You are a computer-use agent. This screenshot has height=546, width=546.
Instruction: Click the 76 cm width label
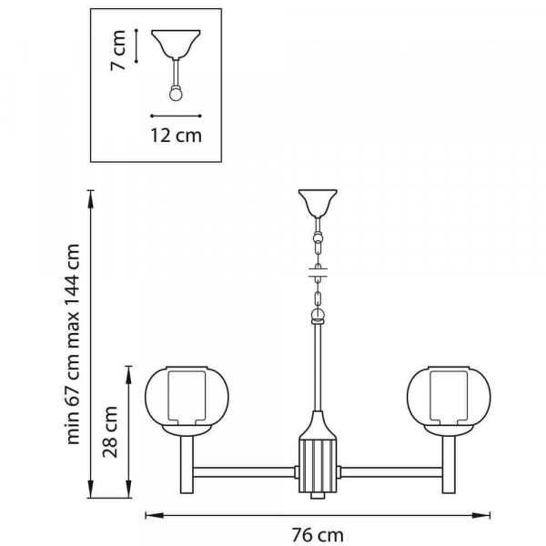[x=318, y=534]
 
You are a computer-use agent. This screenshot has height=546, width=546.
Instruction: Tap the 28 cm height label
[x=110, y=431]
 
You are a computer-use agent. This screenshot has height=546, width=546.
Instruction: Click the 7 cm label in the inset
[x=118, y=50]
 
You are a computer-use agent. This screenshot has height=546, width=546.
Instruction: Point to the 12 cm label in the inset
[x=176, y=135]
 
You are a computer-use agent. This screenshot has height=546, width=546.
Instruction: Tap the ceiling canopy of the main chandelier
[x=318, y=203]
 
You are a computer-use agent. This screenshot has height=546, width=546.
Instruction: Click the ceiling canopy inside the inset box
[x=176, y=44]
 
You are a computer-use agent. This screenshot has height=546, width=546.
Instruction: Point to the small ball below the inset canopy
[x=176, y=94]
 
